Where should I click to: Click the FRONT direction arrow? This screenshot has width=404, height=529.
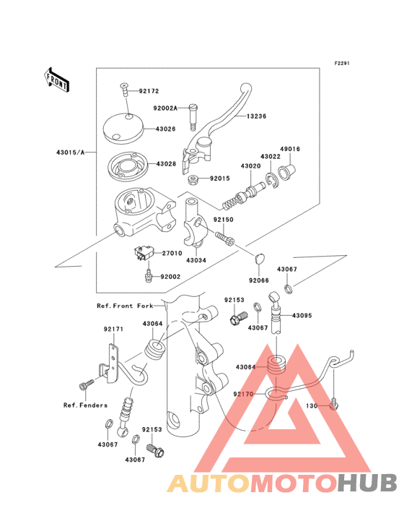[x=56, y=80]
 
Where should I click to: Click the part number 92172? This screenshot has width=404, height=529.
[x=149, y=91]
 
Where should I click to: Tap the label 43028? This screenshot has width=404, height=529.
[x=166, y=164]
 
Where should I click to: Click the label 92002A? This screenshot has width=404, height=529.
[x=165, y=108]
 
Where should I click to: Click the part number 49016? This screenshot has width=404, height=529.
[x=290, y=149]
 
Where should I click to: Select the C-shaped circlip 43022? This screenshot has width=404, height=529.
[x=271, y=180]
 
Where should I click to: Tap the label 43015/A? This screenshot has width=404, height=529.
[x=71, y=152]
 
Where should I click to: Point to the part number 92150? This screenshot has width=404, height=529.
[x=223, y=220]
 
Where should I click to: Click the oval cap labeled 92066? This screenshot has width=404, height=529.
[x=259, y=259]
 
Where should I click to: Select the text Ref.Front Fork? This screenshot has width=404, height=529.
[x=125, y=306]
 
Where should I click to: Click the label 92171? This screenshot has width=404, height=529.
[x=113, y=329]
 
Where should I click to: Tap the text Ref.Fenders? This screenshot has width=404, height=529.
[x=86, y=405]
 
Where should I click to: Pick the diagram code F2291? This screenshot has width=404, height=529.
[x=342, y=63]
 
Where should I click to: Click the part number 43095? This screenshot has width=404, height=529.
[x=302, y=315]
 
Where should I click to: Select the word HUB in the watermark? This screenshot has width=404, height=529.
[x=367, y=483]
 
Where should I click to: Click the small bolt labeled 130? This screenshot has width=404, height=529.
[x=333, y=405]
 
